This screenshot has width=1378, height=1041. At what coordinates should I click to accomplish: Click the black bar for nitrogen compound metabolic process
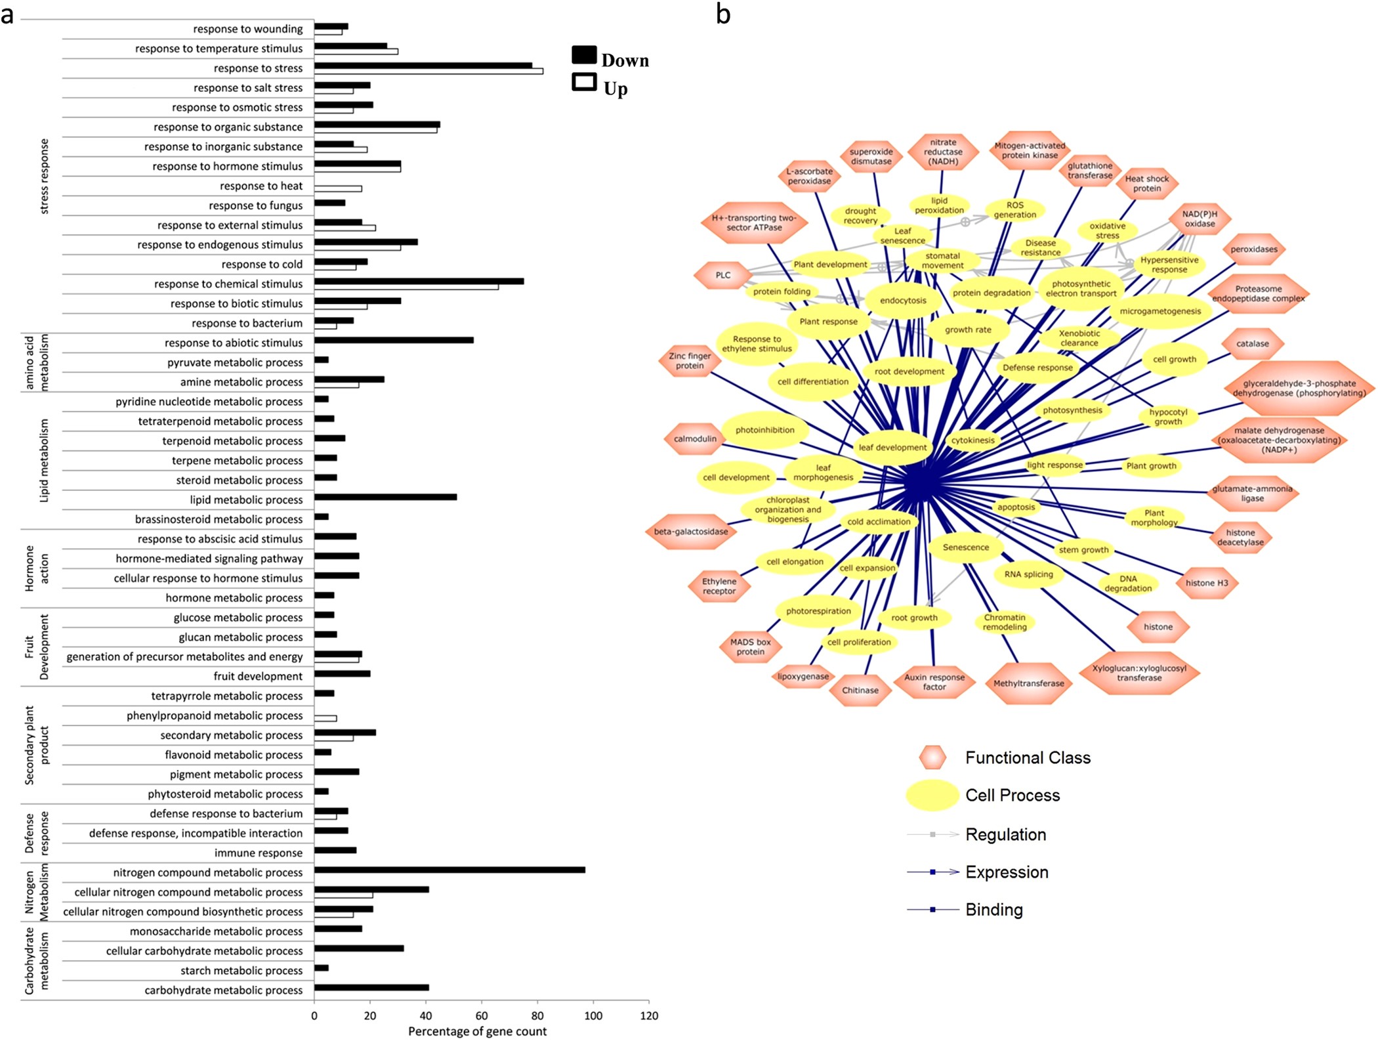click(x=449, y=870)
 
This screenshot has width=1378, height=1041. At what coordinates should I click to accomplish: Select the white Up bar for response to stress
click(x=428, y=71)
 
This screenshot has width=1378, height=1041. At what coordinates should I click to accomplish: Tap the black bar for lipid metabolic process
click(x=385, y=497)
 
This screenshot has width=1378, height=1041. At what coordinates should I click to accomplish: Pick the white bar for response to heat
click(x=338, y=188)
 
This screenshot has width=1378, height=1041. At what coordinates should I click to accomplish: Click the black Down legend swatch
click(x=584, y=54)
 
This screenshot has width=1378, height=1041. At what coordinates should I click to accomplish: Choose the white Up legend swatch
click(x=584, y=82)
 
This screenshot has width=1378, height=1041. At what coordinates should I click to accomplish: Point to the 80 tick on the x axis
click(x=537, y=1015)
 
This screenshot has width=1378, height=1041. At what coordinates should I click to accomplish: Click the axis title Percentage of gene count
click(x=477, y=1031)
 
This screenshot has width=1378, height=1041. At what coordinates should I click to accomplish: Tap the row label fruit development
click(x=258, y=676)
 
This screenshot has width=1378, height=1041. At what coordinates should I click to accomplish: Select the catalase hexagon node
click(x=1252, y=343)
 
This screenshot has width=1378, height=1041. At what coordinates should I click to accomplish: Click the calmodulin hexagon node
click(x=695, y=438)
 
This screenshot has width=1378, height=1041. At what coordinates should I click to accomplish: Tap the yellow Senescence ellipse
click(x=965, y=547)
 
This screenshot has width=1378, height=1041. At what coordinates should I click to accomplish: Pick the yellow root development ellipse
click(x=909, y=372)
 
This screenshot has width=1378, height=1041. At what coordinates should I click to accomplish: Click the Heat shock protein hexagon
click(x=1146, y=183)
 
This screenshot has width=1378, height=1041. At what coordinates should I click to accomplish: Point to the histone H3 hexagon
click(x=1206, y=583)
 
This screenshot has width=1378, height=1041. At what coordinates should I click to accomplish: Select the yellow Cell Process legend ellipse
click(x=932, y=795)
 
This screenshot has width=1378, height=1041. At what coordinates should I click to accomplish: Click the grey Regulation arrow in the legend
click(x=932, y=834)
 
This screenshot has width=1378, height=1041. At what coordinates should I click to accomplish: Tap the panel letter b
click(x=723, y=14)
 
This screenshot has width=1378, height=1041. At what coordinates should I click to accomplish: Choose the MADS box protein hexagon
click(x=750, y=647)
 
